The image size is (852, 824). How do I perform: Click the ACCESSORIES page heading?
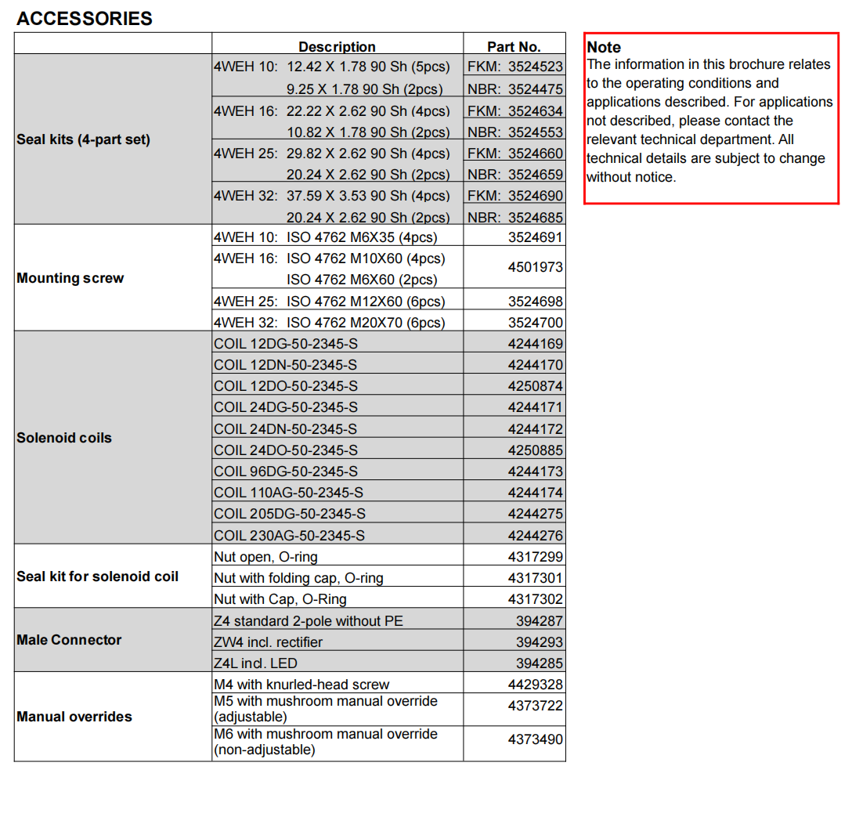85,19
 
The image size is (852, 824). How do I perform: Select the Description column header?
337,47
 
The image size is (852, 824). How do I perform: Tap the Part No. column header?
514,47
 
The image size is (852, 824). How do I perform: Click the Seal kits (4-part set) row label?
83,139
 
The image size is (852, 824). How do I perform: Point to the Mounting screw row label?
70,278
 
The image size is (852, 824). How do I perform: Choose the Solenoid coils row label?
64,438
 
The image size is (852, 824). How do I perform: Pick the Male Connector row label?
69,640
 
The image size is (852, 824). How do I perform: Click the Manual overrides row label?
74,717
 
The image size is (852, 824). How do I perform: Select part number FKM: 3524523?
514,67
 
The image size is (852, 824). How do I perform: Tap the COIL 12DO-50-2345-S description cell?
286,386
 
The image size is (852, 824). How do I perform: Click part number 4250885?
535,450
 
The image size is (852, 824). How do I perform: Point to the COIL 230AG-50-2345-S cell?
289,536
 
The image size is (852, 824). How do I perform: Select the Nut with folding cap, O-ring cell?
298,578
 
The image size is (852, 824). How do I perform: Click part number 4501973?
535,267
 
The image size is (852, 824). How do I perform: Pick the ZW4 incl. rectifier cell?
268,642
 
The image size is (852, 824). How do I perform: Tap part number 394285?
539,663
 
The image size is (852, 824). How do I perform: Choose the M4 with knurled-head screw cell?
301,685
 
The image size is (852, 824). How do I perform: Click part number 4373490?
535,739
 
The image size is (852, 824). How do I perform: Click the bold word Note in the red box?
604,47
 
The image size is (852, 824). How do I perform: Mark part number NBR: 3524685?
514,217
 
